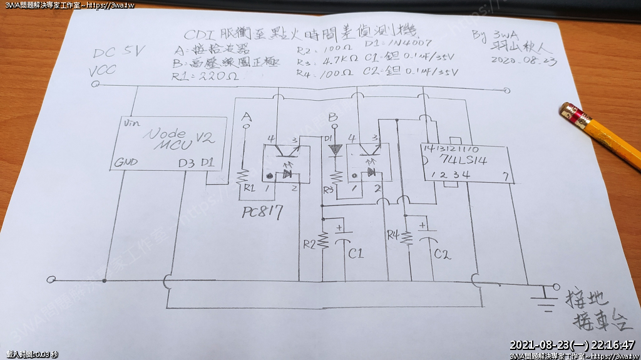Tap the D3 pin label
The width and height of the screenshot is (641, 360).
tap(186, 163)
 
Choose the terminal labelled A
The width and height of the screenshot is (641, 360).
tap(246, 117)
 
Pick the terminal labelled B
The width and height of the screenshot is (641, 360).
tap(332, 117)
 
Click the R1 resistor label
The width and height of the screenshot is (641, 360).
tap(249, 187)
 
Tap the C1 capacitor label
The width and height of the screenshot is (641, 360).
tap(356, 254)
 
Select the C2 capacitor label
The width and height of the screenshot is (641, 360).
tap(442, 254)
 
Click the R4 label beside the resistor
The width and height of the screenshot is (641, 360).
tap(393, 235)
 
